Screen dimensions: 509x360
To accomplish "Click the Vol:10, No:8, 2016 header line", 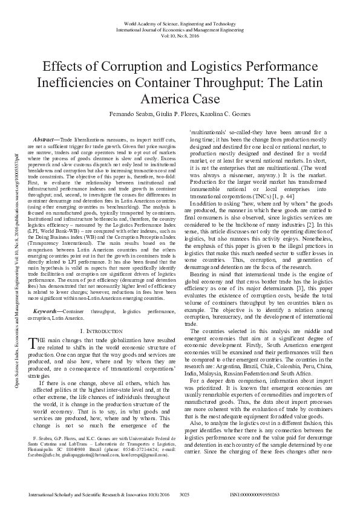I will (x=180, y=36).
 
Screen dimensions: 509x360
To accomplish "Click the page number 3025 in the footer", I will (x=186, y=494).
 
